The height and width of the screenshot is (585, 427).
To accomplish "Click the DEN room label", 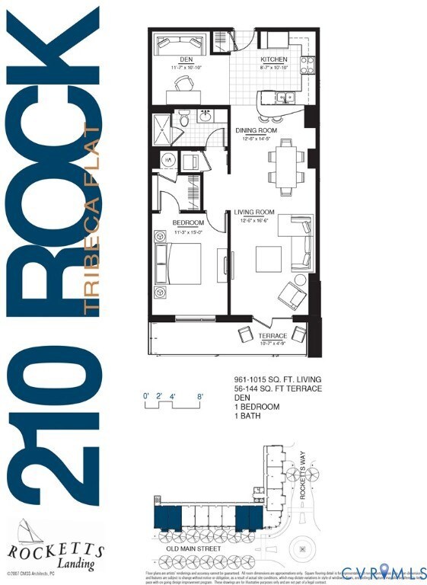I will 186,59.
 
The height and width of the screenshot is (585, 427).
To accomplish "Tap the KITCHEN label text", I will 274,59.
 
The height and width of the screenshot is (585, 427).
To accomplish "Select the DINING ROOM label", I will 256,130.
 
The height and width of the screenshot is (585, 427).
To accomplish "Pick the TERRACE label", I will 272,336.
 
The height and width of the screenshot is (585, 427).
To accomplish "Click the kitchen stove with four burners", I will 308,64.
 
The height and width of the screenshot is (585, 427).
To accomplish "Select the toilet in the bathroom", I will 183,119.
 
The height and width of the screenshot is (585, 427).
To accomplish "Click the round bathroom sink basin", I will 205,117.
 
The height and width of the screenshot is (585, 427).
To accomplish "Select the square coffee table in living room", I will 268,259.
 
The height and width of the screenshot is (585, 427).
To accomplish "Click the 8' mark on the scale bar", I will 200,396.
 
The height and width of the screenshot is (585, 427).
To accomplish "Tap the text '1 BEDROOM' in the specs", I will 257,407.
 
